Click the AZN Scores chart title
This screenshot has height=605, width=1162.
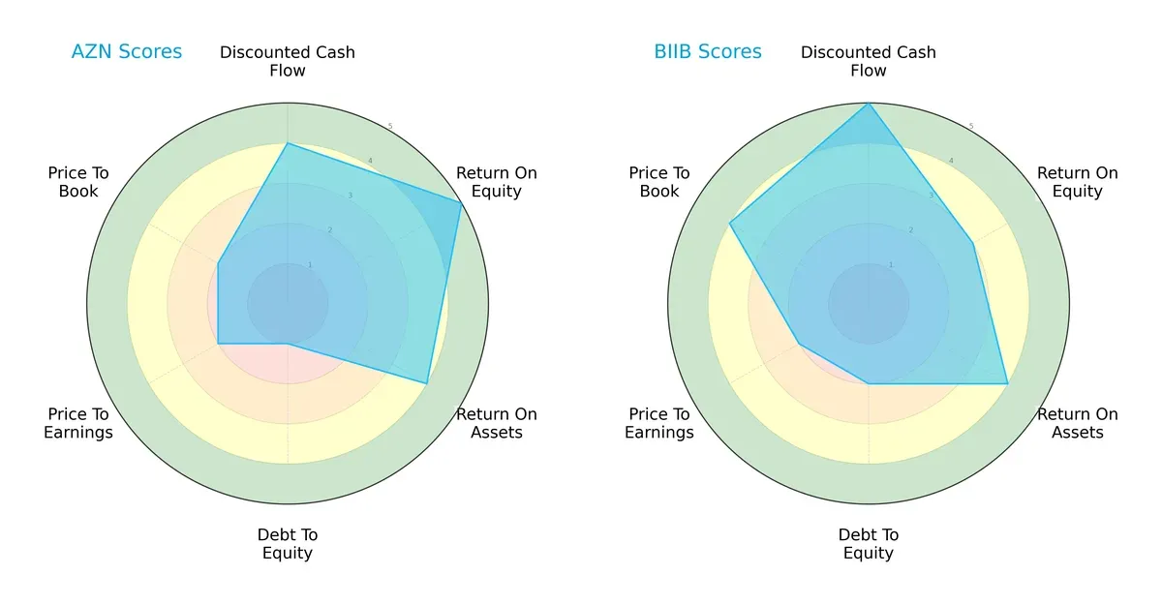click(127, 52)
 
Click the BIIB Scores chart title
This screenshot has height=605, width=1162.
click(708, 52)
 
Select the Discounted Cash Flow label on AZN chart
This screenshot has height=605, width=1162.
click(288, 61)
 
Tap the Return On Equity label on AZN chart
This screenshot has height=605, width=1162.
click(497, 182)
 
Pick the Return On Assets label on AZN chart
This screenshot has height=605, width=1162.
click(497, 423)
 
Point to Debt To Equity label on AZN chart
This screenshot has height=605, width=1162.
click(288, 544)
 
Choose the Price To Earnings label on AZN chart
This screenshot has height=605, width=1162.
click(78, 423)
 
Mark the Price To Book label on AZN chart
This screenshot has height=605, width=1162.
click(78, 182)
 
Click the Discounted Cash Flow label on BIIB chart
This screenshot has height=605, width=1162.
click(869, 61)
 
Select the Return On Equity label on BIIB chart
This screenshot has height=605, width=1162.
click(1078, 182)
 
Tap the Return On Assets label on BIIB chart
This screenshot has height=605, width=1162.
click(1078, 423)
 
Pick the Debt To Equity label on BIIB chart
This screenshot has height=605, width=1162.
click(869, 544)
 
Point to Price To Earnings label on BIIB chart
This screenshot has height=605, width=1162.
click(659, 423)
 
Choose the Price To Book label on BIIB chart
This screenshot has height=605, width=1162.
click(659, 182)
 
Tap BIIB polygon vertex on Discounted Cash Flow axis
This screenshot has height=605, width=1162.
click(869, 104)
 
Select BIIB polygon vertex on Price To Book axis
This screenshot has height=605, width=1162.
click(730, 224)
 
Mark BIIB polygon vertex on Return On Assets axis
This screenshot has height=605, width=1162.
click(1007, 383)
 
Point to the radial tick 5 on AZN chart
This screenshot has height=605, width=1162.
click(390, 127)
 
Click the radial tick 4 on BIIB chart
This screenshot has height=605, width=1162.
click(951, 161)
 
